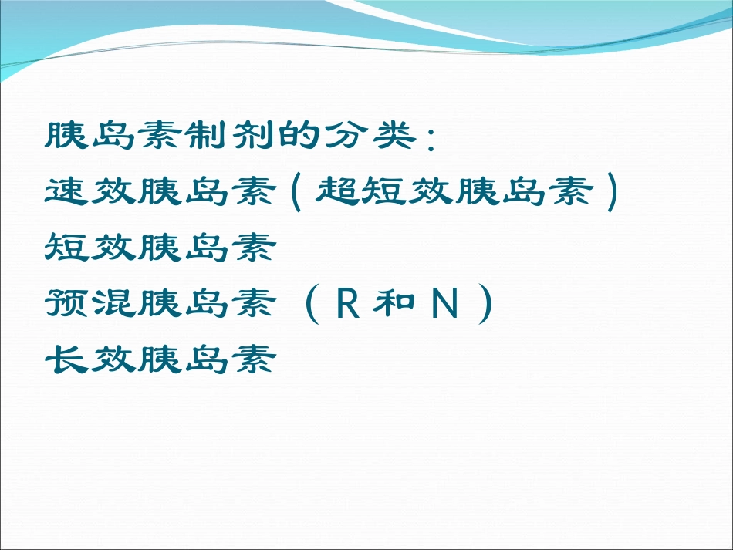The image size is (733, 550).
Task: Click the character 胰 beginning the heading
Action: pos(67,136)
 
